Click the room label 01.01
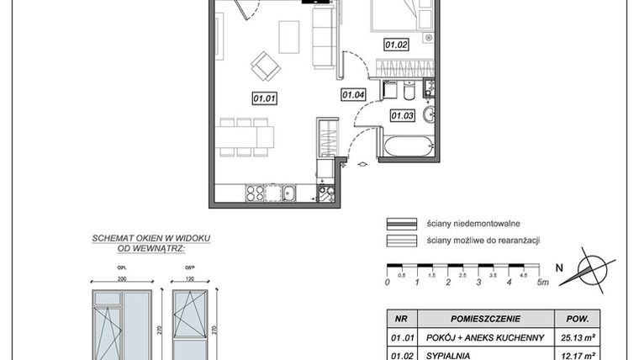pos(264,98)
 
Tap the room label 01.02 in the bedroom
pos(396,44)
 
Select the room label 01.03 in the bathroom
pos(402,115)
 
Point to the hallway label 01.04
pos(352,95)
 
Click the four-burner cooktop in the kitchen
pos(256,194)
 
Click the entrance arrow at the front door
pos(362,164)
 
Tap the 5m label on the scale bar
pos(543,283)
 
